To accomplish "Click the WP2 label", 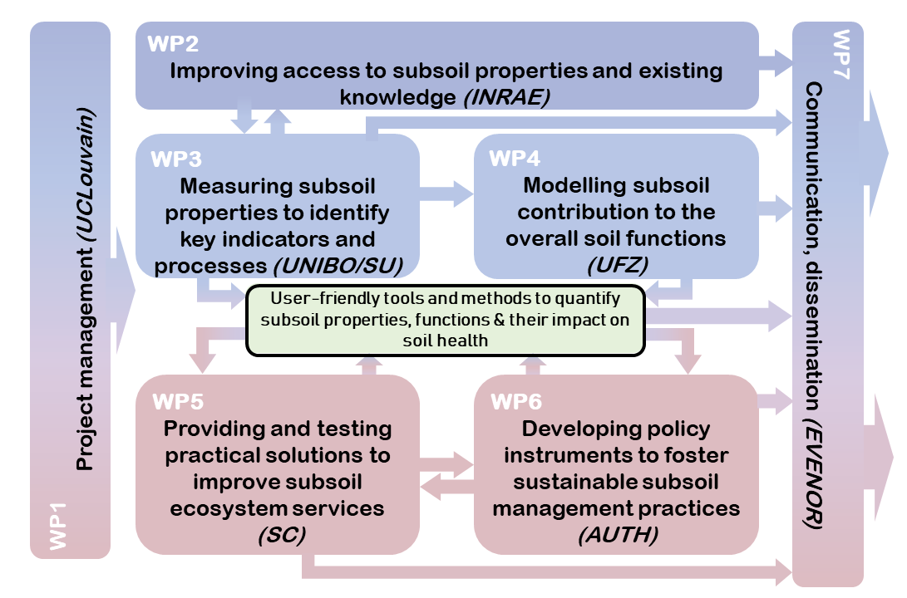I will click(x=173, y=44).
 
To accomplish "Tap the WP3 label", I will click(x=175, y=158).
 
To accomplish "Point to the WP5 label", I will click(x=177, y=402).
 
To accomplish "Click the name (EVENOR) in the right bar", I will click(x=814, y=473).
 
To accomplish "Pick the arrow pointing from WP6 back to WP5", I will click(x=446, y=490).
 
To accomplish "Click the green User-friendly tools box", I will click(x=446, y=320).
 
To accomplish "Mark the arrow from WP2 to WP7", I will click(x=776, y=59).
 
